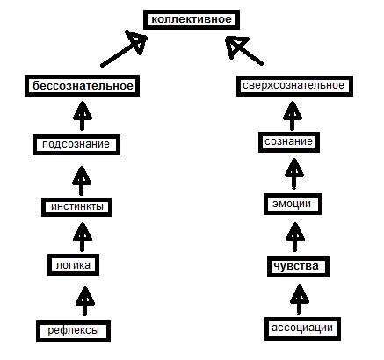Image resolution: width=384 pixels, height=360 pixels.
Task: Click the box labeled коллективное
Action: click(192, 19)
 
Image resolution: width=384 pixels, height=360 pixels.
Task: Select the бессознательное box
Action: click(82, 86)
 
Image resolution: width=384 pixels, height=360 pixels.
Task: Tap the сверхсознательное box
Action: click(294, 86)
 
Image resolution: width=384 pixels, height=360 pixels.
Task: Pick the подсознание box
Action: click(76, 145)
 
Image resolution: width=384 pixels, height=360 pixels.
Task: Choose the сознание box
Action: click(289, 142)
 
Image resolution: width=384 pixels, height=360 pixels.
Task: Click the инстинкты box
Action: click(76, 207)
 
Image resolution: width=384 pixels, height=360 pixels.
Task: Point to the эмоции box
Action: click(293, 204)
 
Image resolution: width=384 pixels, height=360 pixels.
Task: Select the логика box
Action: click(73, 265)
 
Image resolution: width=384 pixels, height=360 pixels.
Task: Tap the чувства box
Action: click(298, 267)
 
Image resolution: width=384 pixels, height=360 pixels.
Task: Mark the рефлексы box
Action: click(73, 331)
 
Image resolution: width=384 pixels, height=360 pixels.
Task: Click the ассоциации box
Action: click(302, 328)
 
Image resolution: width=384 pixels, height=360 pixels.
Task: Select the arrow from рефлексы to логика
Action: click(84, 301)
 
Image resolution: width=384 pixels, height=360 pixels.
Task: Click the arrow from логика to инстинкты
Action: click(83, 237)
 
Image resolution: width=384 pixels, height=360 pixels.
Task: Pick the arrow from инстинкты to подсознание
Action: click(82, 181)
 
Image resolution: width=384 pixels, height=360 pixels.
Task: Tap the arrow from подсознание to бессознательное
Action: click(83, 116)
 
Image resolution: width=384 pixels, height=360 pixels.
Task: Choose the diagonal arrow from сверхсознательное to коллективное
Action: click(244, 50)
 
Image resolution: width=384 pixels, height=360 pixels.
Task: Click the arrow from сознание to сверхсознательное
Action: click(293, 116)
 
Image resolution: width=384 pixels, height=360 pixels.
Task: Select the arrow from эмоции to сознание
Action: click(293, 174)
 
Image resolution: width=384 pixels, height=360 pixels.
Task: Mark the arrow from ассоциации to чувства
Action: click(299, 300)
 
